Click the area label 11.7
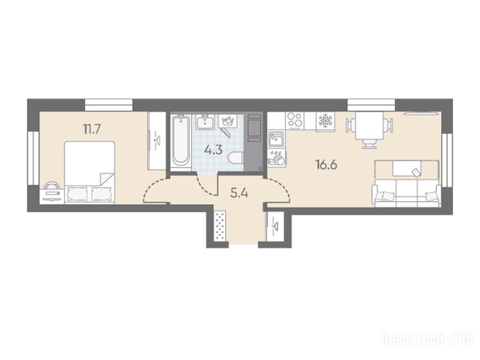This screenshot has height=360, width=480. [x=92, y=129]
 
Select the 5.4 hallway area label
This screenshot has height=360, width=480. [x=240, y=194]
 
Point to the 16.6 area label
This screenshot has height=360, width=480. [x=326, y=165]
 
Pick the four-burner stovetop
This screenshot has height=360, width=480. [x=295, y=120]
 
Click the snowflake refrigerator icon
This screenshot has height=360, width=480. [x=325, y=121]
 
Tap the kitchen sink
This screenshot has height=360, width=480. [x=277, y=140]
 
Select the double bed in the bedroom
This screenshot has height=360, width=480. [x=90, y=172]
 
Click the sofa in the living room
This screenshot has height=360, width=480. [x=406, y=193]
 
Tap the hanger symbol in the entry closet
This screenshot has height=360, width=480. [x=274, y=226]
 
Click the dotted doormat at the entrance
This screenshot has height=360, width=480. [x=220, y=226]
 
